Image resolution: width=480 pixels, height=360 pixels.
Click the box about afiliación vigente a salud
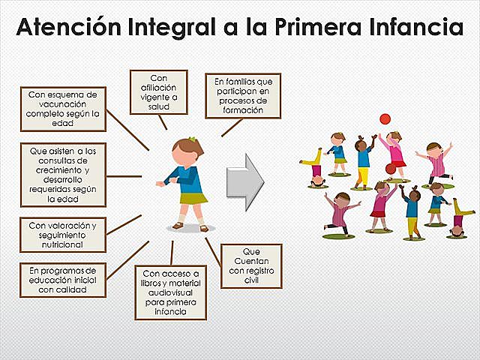click(x=158, y=91)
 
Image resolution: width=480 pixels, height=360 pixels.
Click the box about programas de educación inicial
click(x=63, y=279)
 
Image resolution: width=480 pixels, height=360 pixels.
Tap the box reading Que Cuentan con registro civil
click(x=250, y=265)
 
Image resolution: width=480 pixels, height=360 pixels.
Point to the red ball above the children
click(x=385, y=118)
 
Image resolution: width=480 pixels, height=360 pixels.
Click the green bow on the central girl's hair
click(x=192, y=139)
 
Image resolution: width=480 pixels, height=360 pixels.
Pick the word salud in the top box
click(x=158, y=106)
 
